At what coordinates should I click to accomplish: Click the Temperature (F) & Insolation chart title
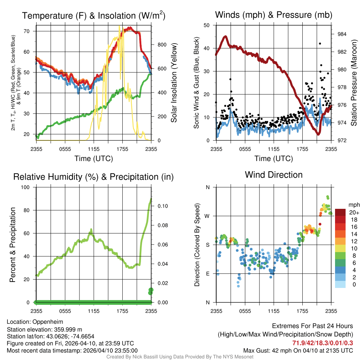[x=94, y=16]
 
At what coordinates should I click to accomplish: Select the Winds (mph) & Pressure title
[x=274, y=15]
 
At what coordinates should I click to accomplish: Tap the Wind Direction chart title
[x=274, y=175]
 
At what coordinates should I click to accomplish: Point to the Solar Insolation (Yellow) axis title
[x=174, y=83]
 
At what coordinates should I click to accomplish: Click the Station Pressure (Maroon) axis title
[x=354, y=83]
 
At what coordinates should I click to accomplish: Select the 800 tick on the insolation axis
[x=162, y=45]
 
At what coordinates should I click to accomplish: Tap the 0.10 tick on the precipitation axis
[x=162, y=206]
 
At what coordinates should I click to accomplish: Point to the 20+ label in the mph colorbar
[x=354, y=213]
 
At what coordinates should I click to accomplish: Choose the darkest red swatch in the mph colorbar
[x=340, y=212]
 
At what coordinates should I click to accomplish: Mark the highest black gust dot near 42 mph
[x=320, y=44]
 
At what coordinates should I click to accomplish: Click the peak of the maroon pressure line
[x=225, y=36]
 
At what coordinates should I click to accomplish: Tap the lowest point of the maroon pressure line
[x=319, y=134]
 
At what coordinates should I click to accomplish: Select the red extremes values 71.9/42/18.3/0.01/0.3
[x=323, y=343]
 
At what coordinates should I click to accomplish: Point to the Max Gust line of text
[x=298, y=351]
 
